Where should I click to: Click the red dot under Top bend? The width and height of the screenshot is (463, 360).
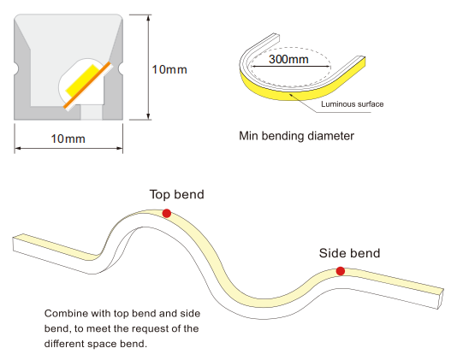point(167,213)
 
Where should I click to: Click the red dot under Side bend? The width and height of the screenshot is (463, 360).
point(340,271)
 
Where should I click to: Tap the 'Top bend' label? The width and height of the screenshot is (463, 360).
point(176,194)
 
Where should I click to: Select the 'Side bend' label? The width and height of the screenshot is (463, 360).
point(349,253)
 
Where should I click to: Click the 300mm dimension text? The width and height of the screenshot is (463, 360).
point(288,59)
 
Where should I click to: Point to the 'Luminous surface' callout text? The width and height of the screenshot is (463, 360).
point(353,104)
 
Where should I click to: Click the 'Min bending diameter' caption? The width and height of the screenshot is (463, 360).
point(296,136)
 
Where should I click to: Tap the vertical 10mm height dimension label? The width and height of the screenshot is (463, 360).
point(169,69)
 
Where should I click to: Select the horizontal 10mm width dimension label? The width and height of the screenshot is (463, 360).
point(68,139)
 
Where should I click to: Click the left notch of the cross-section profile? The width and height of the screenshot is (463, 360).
point(16,68)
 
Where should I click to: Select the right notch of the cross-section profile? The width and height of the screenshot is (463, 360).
point(121,68)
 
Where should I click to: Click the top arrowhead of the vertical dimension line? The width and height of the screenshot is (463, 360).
point(148,18)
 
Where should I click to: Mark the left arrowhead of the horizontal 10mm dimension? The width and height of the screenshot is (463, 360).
point(18,148)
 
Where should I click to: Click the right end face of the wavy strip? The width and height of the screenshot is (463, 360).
point(440,299)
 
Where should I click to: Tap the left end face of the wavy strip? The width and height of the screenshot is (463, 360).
point(14,245)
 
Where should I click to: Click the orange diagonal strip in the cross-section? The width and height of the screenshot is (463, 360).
point(87,85)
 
